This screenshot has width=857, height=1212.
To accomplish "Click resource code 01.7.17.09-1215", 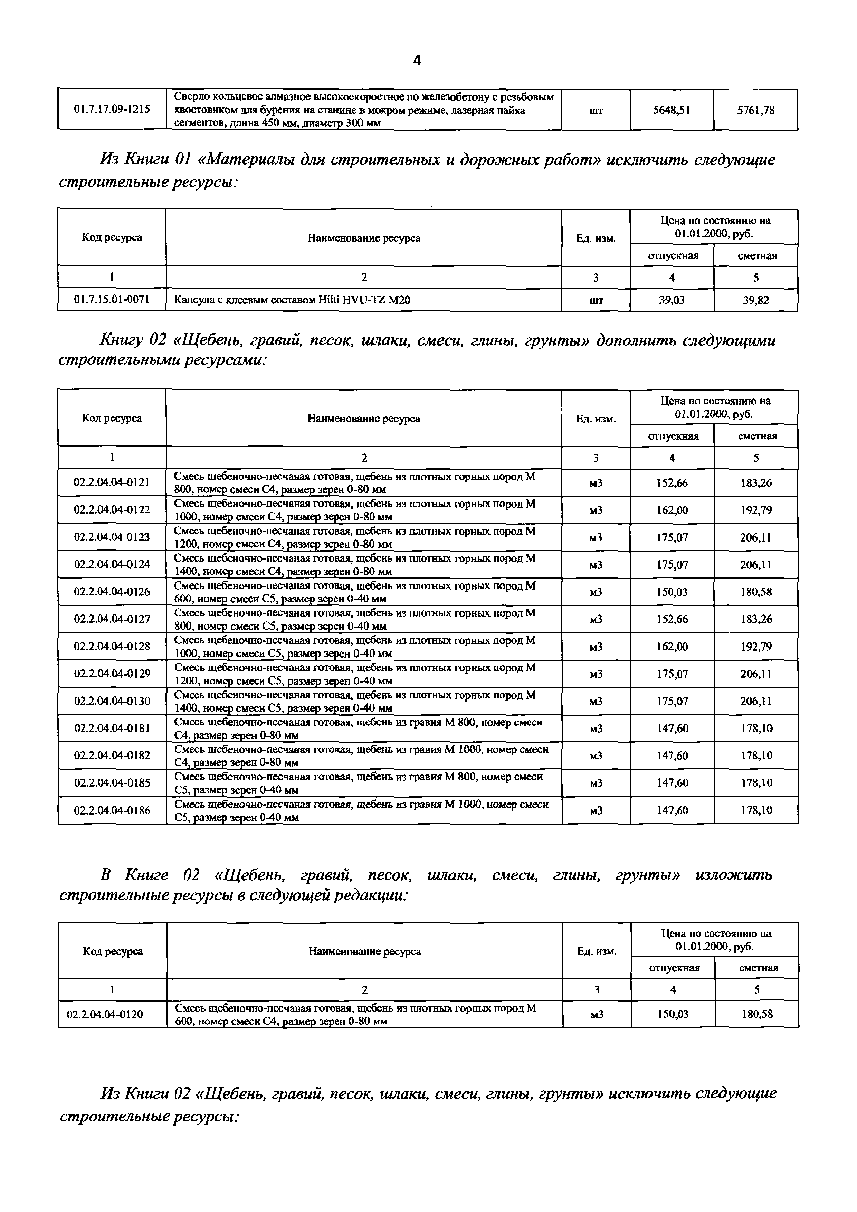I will [x=112, y=109].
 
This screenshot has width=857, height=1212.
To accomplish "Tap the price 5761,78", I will [x=756, y=110].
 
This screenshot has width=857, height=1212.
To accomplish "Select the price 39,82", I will [x=756, y=300].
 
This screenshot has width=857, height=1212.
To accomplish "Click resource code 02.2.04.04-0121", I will [x=112, y=482].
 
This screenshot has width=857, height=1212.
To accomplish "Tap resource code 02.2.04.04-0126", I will [x=112, y=592].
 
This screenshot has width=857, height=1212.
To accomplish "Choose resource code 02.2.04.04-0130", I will [x=112, y=701].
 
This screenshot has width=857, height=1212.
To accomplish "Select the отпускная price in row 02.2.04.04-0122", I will [x=672, y=510].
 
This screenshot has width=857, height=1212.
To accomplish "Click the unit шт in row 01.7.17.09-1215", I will [x=596, y=110].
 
